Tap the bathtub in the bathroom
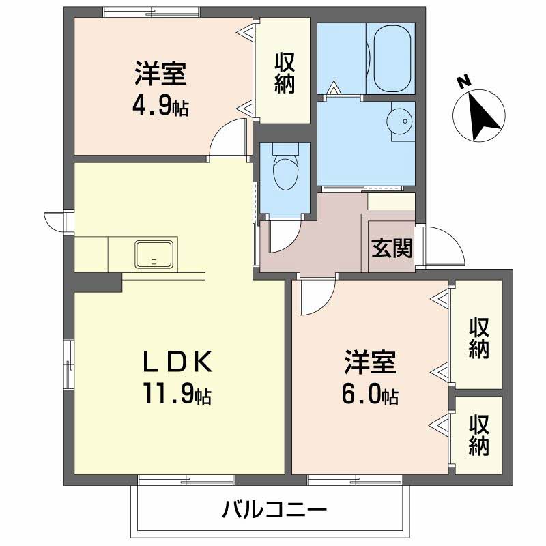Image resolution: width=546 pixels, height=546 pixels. [x=392, y=58]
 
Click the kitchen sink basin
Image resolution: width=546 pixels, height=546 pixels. [x=154, y=254]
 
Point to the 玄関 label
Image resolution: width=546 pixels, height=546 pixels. [x=392, y=248]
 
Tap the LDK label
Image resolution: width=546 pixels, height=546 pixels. [x=177, y=362]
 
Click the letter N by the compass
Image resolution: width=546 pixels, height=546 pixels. [x=464, y=82]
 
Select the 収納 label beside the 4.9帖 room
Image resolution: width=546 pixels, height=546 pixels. [x=285, y=73]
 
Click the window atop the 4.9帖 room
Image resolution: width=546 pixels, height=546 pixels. [x=152, y=12]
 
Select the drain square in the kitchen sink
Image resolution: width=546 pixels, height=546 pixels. [x=154, y=261]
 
